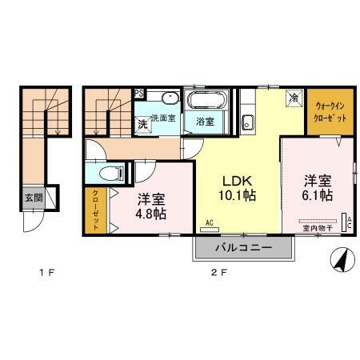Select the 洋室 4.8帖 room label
point(150,206)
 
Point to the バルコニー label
point(244,249)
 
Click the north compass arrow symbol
point(340,259)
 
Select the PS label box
point(139,93)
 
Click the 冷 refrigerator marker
point(294,98)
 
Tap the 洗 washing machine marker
point(142,123)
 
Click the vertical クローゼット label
point(94,210)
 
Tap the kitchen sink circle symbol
point(248,123)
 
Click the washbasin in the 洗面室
point(169,98)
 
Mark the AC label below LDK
point(209,222)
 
